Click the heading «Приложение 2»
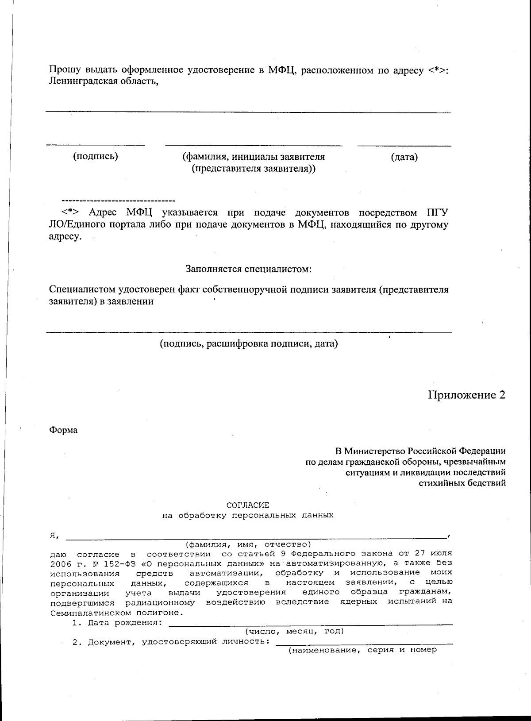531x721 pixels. pos(466,395)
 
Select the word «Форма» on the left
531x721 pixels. pos(63,430)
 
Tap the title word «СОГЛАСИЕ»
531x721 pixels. pos(247,505)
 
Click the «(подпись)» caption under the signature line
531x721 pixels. pos(96,156)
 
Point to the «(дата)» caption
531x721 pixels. pos(404,157)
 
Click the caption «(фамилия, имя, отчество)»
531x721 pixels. pos(248,544)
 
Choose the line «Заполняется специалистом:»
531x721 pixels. pos(248,269)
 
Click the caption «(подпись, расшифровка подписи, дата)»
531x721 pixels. pos(249,343)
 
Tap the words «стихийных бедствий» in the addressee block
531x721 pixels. pos(462,482)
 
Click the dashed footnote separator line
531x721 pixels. pos(119,200)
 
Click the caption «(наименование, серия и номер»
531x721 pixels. pos(362,650)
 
